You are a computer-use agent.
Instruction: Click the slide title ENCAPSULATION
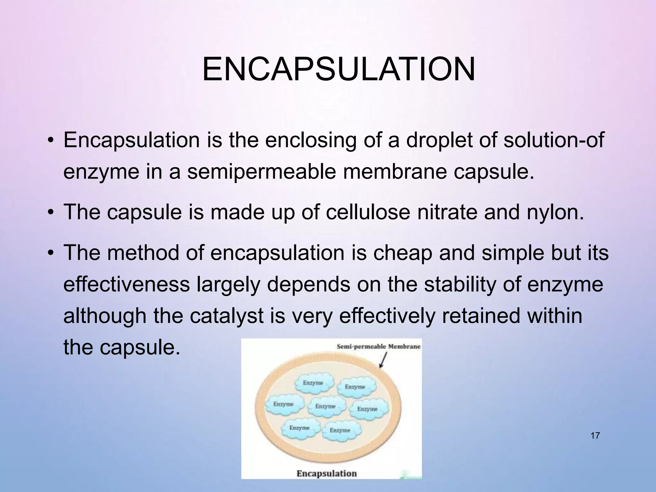(x=339, y=70)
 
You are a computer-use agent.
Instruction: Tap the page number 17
(x=595, y=436)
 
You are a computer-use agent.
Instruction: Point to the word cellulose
(x=368, y=212)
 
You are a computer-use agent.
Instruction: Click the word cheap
(x=402, y=252)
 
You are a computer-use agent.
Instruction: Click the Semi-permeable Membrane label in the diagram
(x=378, y=347)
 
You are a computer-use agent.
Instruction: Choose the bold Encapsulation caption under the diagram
(x=326, y=473)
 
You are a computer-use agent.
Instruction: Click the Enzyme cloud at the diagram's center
(x=325, y=406)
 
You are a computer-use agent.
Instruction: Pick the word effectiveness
(x=127, y=284)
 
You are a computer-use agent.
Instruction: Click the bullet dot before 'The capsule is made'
(x=51, y=213)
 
